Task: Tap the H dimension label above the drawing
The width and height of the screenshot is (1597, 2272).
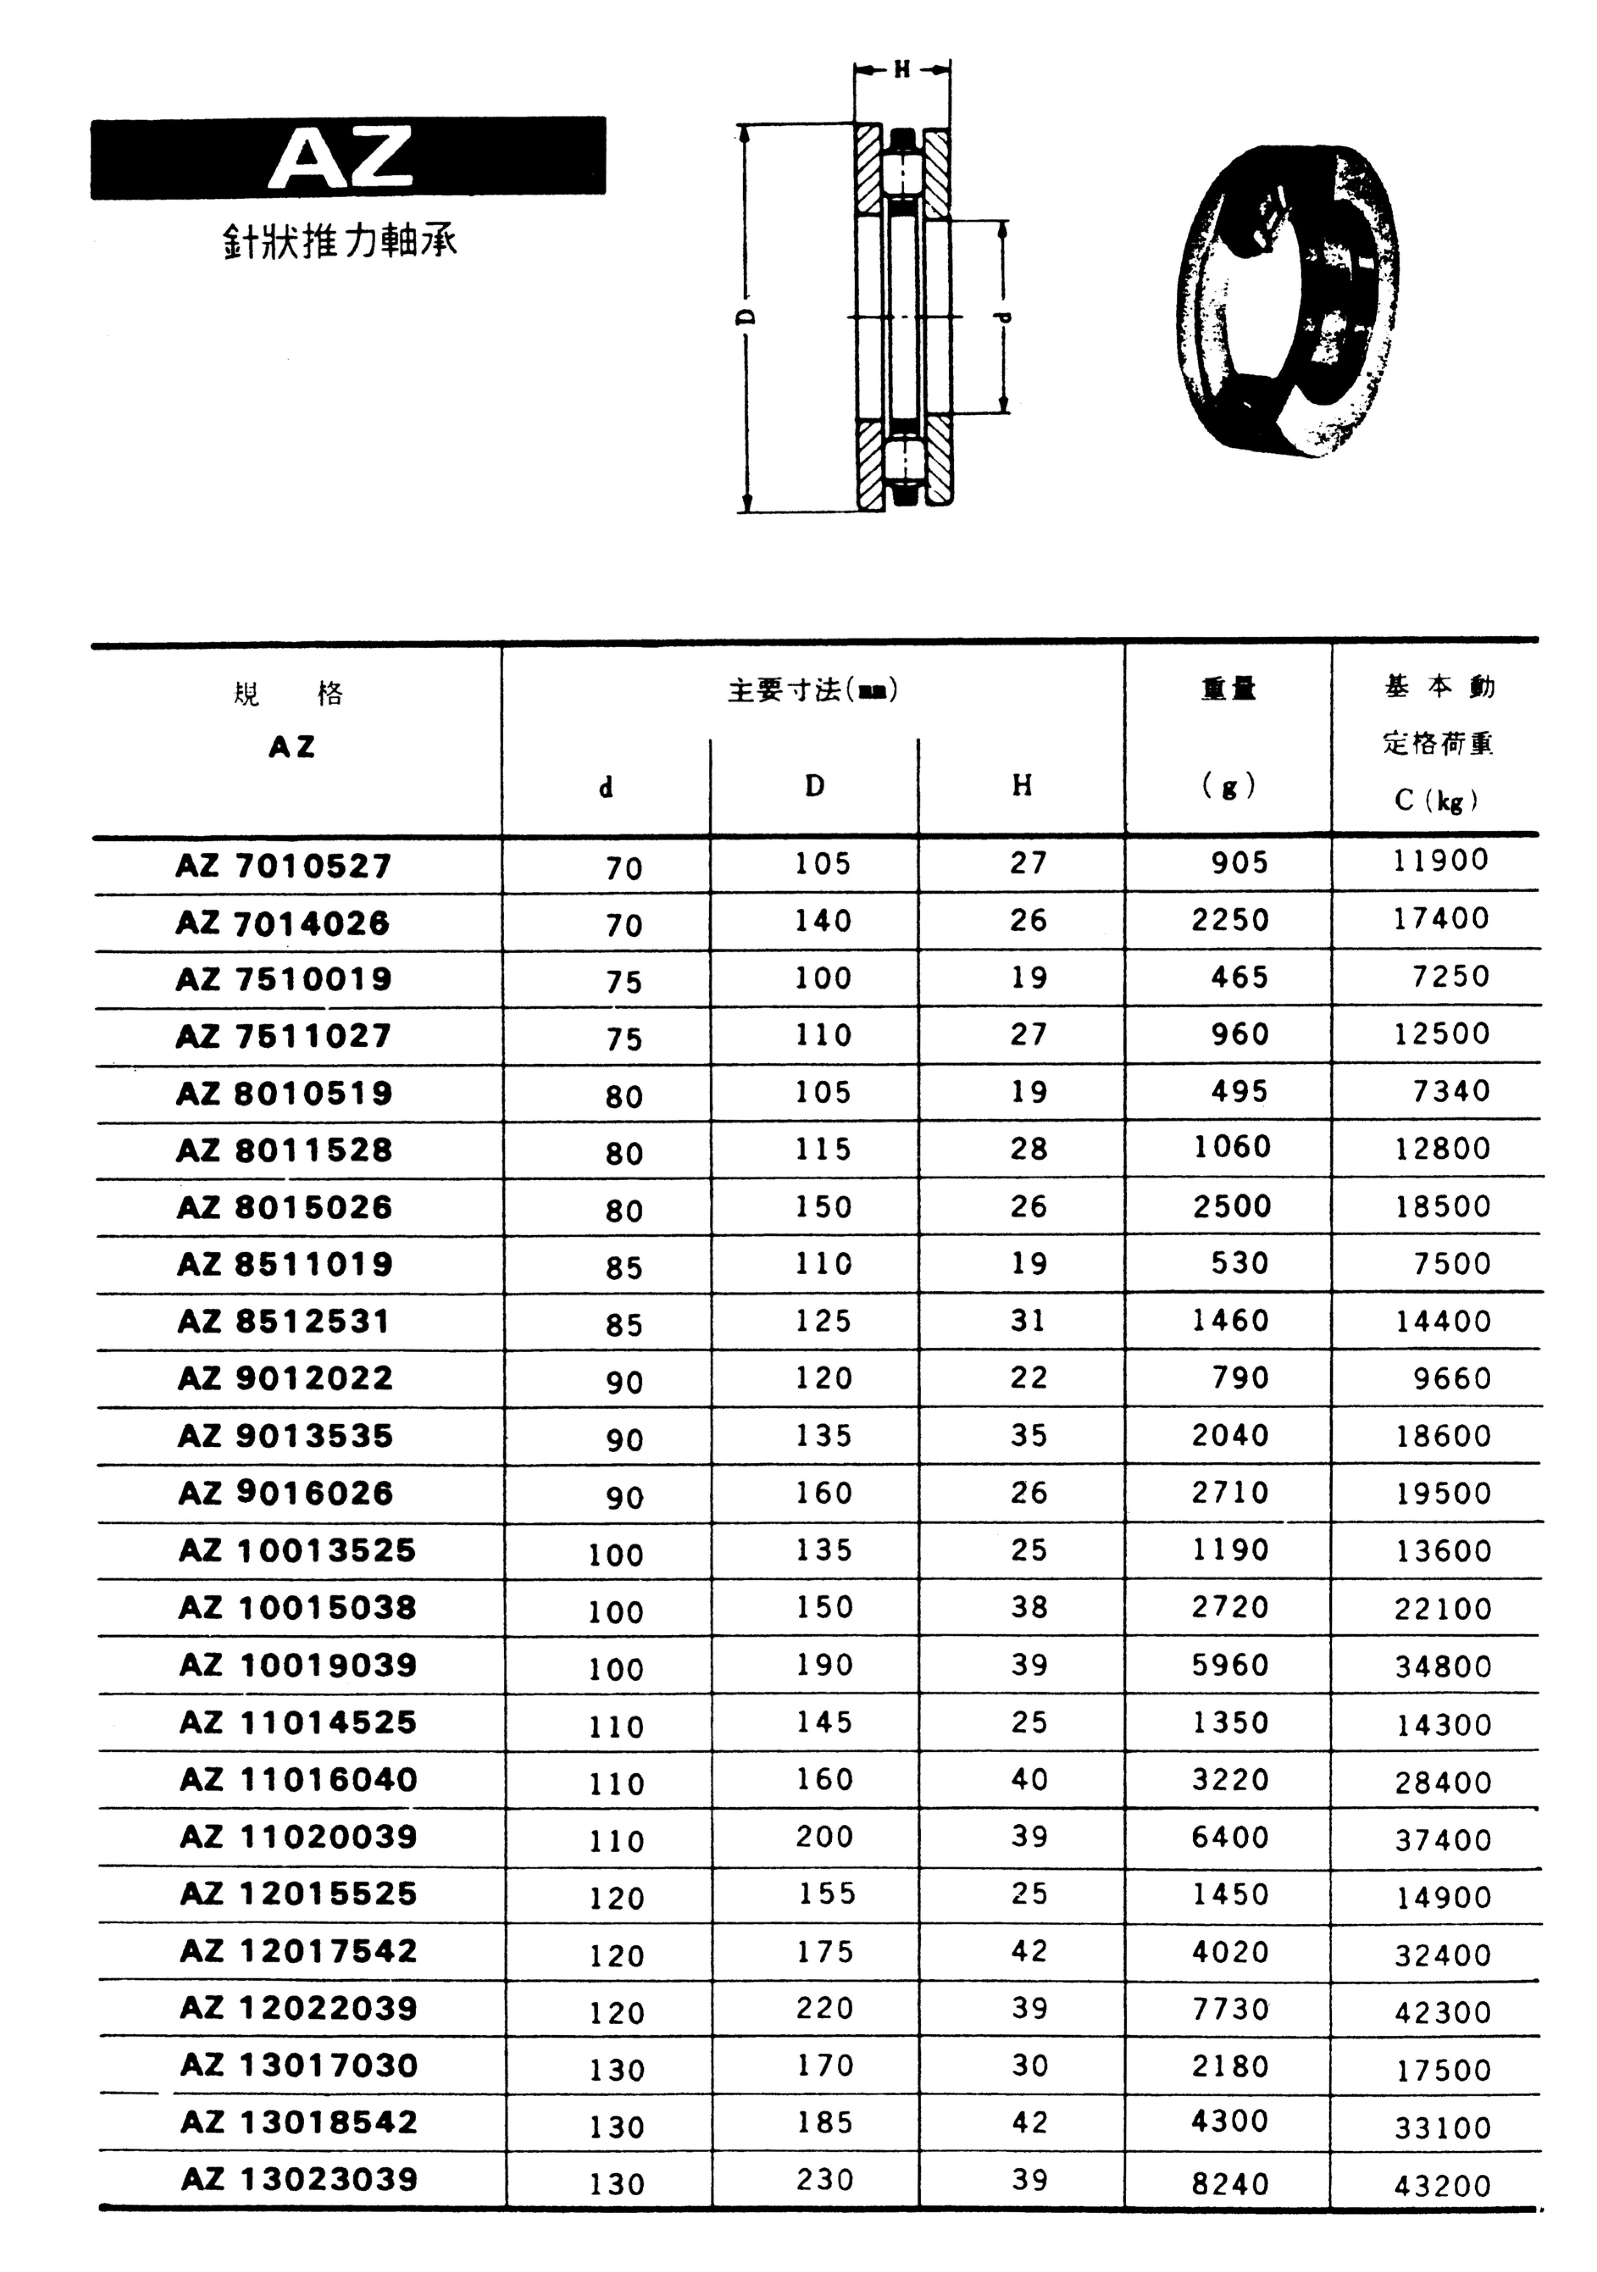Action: click(901, 69)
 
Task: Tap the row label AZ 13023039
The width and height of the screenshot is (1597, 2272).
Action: click(299, 2179)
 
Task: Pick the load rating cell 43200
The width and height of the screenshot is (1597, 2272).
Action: click(1441, 2185)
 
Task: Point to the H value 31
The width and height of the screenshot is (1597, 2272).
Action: click(1028, 1320)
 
